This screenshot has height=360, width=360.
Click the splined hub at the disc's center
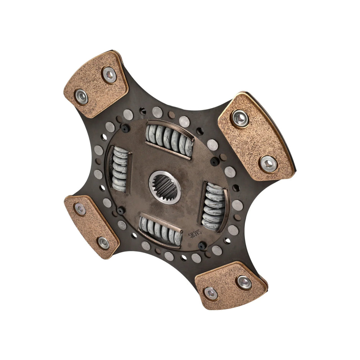(165, 187)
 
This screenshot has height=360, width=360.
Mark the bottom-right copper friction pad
(230, 286)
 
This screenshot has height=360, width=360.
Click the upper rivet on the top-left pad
(109, 74)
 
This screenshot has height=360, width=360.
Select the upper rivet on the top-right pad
(240, 118)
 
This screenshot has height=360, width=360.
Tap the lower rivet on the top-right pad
(268, 164)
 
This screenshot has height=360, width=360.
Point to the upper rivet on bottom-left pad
(80, 209)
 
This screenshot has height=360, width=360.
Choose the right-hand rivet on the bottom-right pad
(244, 282)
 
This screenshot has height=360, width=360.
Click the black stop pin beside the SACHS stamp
(202, 245)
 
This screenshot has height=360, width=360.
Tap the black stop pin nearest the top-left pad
(125, 128)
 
